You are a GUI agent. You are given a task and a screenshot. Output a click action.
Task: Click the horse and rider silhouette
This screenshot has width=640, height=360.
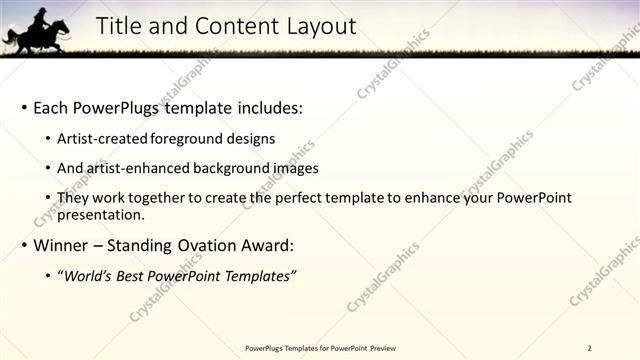[37, 32]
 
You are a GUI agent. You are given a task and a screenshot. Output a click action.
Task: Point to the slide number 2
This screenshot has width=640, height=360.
[590, 348]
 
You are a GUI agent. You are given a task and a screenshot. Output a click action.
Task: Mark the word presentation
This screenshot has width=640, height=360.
[101, 214]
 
